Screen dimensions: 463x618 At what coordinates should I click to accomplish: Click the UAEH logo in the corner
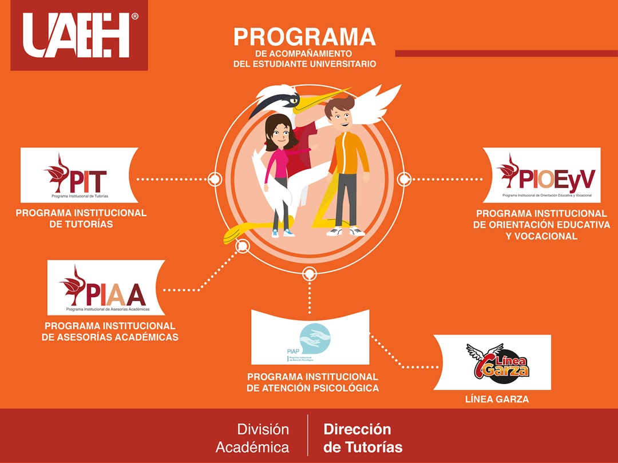click(x=79, y=35)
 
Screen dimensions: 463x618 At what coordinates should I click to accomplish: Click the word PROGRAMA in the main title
click(x=304, y=37)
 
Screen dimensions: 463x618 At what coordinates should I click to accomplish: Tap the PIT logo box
click(x=79, y=175)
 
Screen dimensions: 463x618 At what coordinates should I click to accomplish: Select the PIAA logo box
click(x=106, y=288)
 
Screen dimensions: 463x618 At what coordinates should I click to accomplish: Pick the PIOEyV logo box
click(x=541, y=175)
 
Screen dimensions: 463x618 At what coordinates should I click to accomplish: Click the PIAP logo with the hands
click(x=310, y=337)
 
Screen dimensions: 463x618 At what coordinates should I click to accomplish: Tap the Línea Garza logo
click(x=496, y=362)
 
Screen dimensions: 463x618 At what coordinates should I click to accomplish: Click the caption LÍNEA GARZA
click(x=497, y=400)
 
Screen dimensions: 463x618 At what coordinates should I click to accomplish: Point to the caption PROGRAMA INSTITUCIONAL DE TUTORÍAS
click(x=81, y=218)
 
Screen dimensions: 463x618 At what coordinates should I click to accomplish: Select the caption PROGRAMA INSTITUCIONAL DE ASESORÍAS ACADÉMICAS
click(x=110, y=332)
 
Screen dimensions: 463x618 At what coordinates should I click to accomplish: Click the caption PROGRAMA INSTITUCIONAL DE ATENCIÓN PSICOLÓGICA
click(x=312, y=382)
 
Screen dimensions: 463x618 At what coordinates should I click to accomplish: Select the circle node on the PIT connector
click(x=215, y=179)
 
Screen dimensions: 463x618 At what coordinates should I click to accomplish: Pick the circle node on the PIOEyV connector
click(x=404, y=179)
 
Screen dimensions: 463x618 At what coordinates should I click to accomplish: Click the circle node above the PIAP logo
click(x=310, y=274)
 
